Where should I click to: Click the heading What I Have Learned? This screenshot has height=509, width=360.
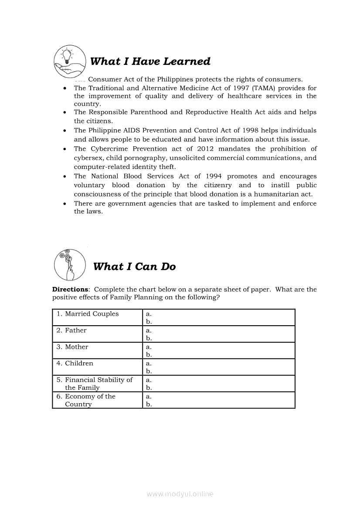(x=150, y=61)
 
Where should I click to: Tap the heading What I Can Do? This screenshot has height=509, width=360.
(x=134, y=266)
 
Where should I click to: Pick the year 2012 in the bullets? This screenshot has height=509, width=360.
(x=205, y=148)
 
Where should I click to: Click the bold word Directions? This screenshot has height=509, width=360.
(x=70, y=289)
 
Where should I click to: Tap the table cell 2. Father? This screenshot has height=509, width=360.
(x=75, y=330)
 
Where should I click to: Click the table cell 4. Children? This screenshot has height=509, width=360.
(x=79, y=364)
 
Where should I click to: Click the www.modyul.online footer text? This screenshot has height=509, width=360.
(x=180, y=494)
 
